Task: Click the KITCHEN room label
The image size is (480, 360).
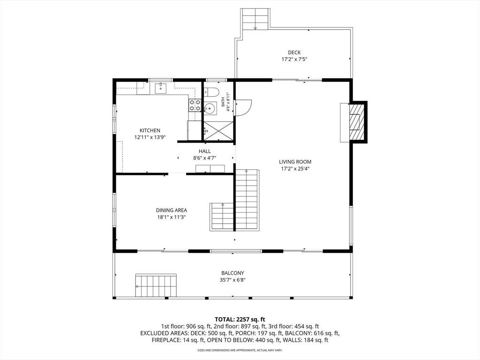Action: tap(150, 130)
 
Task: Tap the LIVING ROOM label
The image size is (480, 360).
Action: tap(295, 162)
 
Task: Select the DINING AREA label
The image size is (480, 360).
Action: tap(172, 210)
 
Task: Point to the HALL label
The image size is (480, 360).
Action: tap(204, 151)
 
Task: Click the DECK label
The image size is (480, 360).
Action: tap(294, 52)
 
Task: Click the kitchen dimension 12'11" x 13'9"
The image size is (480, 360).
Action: tap(150, 137)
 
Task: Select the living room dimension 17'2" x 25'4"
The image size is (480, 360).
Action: tap(295, 169)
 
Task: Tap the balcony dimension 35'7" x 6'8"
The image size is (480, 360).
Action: tap(232, 280)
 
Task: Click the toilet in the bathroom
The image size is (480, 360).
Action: tap(211, 92)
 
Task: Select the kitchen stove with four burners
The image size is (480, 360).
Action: tap(195, 105)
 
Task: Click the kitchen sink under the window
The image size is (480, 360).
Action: tap(160, 89)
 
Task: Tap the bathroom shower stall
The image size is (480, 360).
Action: tap(218, 131)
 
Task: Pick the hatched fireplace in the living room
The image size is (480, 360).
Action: tap(357, 122)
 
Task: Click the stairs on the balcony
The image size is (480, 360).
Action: tap(156, 286)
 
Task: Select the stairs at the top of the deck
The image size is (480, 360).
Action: tap(255, 19)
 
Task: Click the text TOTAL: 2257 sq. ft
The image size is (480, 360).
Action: tap(240, 320)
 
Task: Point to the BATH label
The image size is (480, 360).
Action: tap(223, 102)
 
